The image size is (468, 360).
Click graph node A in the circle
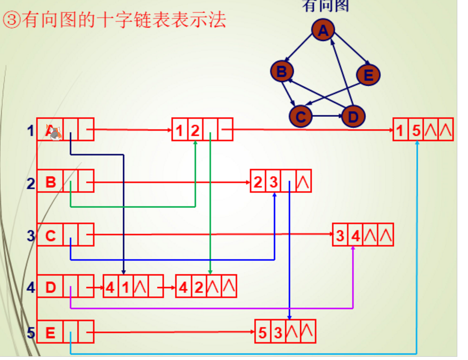point(323,31)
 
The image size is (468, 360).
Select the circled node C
point(301,116)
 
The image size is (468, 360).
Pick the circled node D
point(352,116)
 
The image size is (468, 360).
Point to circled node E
point(368,75)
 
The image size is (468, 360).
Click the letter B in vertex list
point(50,183)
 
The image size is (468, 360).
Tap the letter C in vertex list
point(50,235)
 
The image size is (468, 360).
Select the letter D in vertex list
point(50,288)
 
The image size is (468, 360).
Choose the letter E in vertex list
point(50,333)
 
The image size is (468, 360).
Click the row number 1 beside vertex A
point(30,130)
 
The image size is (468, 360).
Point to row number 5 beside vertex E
point(30,333)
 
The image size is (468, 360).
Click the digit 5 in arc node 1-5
point(416,130)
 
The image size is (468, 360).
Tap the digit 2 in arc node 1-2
point(195,130)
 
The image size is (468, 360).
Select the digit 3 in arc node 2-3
point(273,183)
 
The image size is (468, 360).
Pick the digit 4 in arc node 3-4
point(356,235)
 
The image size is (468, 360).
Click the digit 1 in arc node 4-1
point(125,288)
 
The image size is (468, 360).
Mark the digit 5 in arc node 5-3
point(262,333)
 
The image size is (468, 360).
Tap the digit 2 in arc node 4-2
point(198,288)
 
